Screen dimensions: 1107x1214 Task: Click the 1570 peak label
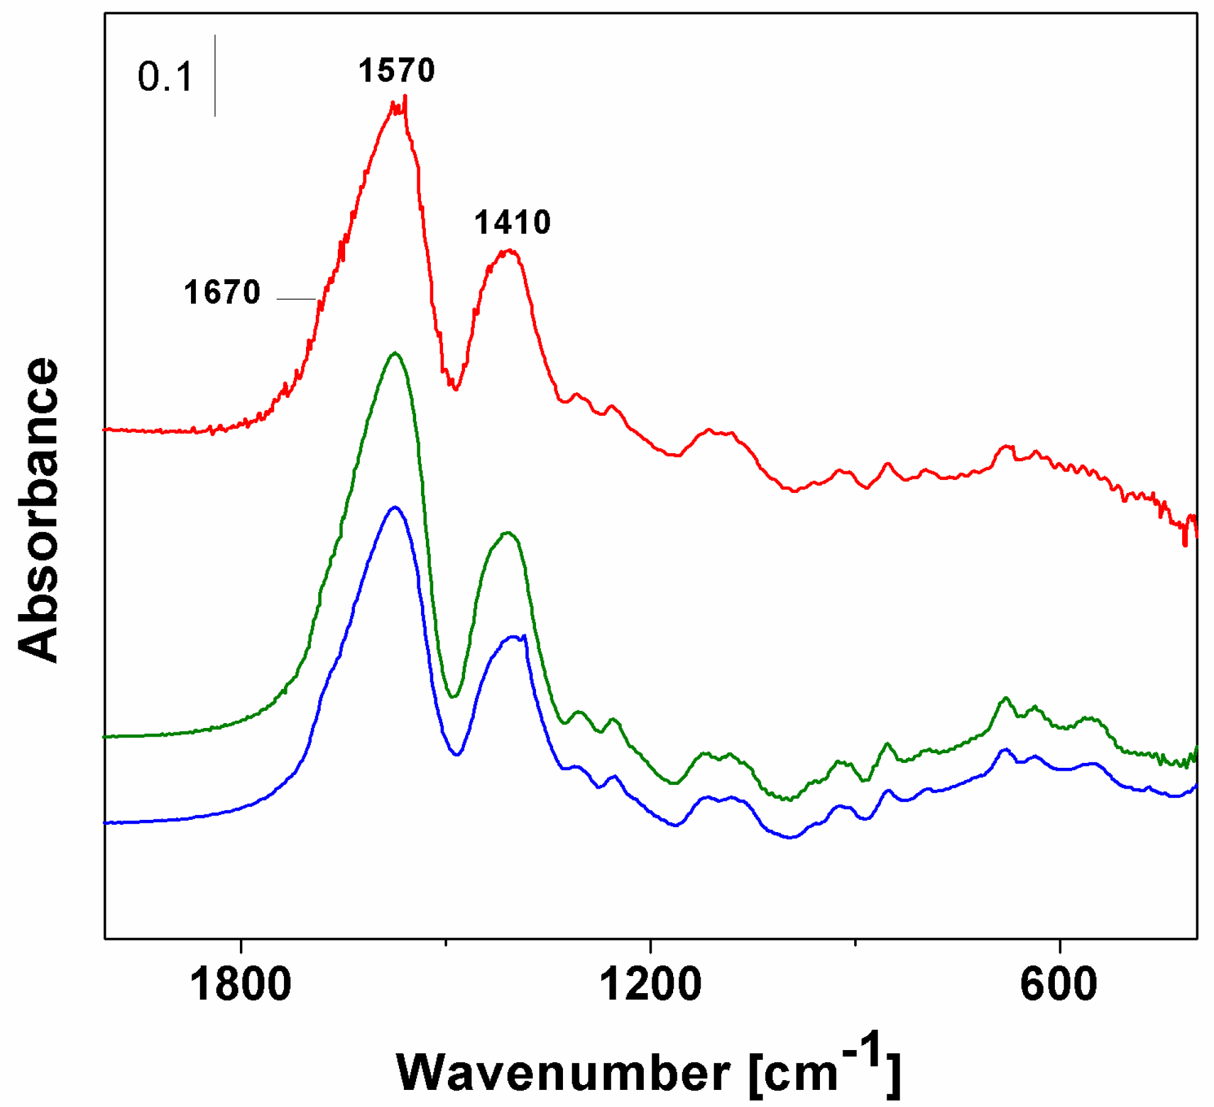click(x=397, y=70)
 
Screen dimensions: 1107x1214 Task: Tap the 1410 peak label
click(x=512, y=222)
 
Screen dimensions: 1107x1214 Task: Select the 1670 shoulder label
click(x=222, y=292)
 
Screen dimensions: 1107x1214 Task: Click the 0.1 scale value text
click(x=165, y=78)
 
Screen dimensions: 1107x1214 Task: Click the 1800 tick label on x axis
click(x=240, y=985)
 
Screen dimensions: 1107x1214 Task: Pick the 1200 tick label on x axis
click(x=650, y=985)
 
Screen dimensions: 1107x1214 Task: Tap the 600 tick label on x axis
click(x=1059, y=985)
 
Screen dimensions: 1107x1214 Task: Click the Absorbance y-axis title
click(x=38, y=509)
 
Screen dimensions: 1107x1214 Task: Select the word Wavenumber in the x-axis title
click(x=563, y=1073)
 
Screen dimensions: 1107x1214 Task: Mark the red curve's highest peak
click(x=404, y=98)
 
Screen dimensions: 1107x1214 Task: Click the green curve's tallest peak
click(x=395, y=353)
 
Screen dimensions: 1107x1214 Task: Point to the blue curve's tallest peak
click(x=395, y=507)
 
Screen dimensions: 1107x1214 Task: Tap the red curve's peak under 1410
click(x=509, y=250)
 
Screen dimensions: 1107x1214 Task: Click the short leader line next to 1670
click(x=296, y=299)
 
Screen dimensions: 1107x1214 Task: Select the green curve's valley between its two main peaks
click(x=453, y=696)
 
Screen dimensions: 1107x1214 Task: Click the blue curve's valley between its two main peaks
click(x=456, y=754)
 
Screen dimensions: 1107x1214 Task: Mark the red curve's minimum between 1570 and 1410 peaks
click(x=455, y=388)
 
